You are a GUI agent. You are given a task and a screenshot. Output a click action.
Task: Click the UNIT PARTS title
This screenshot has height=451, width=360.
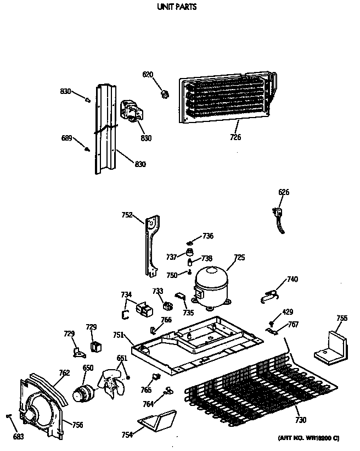coord(177,7)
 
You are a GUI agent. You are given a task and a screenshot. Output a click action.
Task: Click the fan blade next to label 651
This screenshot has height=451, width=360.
coord(113,382)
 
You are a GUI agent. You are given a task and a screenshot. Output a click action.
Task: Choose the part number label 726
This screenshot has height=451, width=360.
coord(235,137)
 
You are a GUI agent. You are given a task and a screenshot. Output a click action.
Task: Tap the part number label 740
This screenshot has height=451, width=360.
coord(292,279)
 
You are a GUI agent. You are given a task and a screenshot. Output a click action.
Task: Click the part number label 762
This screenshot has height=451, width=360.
coord(64,373)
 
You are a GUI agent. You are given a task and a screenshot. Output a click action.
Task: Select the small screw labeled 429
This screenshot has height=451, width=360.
coord(272,322)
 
